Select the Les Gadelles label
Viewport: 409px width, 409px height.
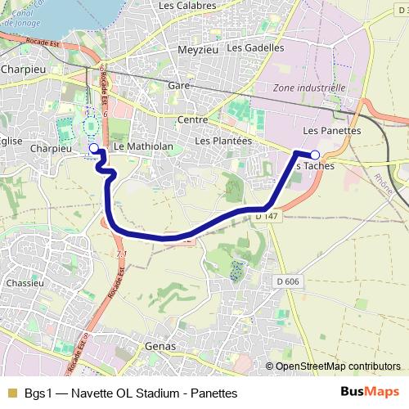[255, 47]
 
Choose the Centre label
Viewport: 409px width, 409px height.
[192, 119]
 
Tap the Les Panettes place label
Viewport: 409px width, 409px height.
[331, 130]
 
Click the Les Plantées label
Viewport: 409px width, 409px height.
[223, 141]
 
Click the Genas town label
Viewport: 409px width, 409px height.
[160, 346]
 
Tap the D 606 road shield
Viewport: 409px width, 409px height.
[287, 281]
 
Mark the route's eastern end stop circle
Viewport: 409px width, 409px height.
[315, 154]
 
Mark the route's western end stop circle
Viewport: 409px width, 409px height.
[93, 148]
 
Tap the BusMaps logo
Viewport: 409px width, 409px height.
[371, 392]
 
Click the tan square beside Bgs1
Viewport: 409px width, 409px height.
[12, 393]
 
